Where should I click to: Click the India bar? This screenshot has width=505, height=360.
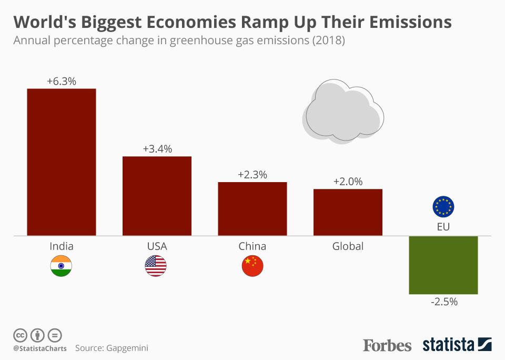click(62, 162)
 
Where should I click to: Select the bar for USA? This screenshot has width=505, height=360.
click(157, 196)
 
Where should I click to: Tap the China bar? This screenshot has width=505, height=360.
click(252, 208)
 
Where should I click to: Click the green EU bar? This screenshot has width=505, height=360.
click(443, 265)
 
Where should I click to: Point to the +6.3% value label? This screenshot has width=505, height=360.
click(62, 81)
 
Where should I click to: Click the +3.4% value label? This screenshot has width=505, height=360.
click(157, 149)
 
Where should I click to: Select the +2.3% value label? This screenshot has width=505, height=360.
click(252, 174)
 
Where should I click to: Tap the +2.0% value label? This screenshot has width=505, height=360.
click(348, 182)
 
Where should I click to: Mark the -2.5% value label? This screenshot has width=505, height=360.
click(443, 302)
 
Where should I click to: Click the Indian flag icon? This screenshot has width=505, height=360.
click(61, 266)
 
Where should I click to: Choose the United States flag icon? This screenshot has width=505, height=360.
click(156, 266)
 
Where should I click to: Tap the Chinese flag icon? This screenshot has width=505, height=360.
click(252, 266)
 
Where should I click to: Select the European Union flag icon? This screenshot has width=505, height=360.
click(443, 207)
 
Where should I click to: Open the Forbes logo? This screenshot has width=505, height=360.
click(387, 345)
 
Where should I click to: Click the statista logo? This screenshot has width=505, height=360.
click(457, 345)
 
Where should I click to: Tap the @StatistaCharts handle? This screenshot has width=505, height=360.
click(39, 348)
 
